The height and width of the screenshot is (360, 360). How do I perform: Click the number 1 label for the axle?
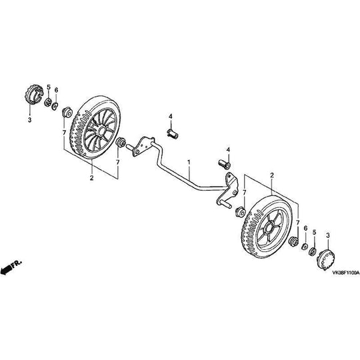(x=189, y=162)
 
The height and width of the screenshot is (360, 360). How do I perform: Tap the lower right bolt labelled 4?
(x=225, y=161)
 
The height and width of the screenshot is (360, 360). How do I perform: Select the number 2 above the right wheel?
(x=272, y=174)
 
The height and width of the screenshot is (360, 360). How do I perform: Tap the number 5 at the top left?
(x=48, y=87)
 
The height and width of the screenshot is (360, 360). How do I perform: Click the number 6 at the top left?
(x=56, y=91)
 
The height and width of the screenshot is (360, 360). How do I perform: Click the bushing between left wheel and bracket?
(x=121, y=143)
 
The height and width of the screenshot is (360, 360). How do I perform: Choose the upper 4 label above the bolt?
(x=171, y=117)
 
